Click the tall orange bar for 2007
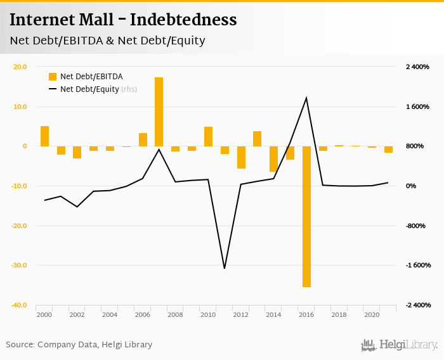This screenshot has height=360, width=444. (x=159, y=112)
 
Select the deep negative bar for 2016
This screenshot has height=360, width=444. (x=306, y=216)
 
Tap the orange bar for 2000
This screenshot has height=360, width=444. (x=44, y=136)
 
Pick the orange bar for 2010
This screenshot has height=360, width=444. (x=208, y=136)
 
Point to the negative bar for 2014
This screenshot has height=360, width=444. (x=273, y=158)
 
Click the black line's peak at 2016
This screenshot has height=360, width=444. (x=306, y=98)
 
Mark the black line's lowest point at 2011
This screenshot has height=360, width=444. (x=225, y=268)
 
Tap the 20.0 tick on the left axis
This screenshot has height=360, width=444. (x=20, y=67)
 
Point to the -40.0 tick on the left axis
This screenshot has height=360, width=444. (x=18, y=305)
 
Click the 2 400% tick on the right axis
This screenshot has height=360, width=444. (x=417, y=67)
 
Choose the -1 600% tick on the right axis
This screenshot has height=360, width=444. (x=417, y=265)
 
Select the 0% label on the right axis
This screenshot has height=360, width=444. (x=411, y=186)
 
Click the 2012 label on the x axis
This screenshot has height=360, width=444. (x=240, y=314)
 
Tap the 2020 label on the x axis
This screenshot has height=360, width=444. (x=372, y=314)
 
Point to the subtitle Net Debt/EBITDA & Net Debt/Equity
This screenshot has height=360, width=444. (x=107, y=41)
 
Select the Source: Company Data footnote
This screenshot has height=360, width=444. (x=79, y=345)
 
